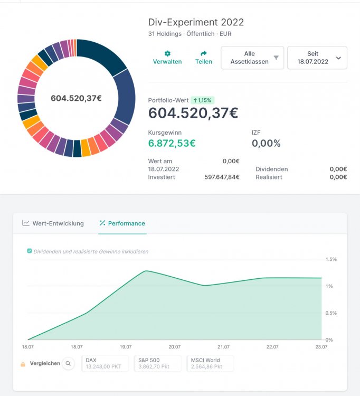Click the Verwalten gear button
pyautogui.click(x=167, y=58)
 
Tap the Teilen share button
pyautogui.click(x=204, y=58)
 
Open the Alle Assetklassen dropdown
pyautogui.click(x=252, y=58)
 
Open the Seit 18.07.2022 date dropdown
pyautogui.click(x=317, y=58)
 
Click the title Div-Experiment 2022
pyautogui.click(x=196, y=22)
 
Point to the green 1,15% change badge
pyautogui.click(x=203, y=100)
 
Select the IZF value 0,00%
pyautogui.click(x=266, y=143)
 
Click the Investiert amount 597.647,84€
pyautogui.click(x=222, y=177)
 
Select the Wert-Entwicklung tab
pyautogui.click(x=53, y=223)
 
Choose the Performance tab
pyautogui.click(x=122, y=223)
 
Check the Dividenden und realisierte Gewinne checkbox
pyautogui.click(x=30, y=251)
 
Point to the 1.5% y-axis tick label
pyautogui.click(x=331, y=259)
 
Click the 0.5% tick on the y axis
pyautogui.click(x=331, y=313)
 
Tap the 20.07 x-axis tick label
pyautogui.click(x=174, y=347)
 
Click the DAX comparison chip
pyautogui.click(x=105, y=363)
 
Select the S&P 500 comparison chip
pyautogui.click(x=157, y=363)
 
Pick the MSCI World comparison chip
pyautogui.click(x=210, y=363)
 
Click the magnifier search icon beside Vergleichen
pyautogui.click(x=68, y=363)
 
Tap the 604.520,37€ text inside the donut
pyautogui.click(x=76, y=98)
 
